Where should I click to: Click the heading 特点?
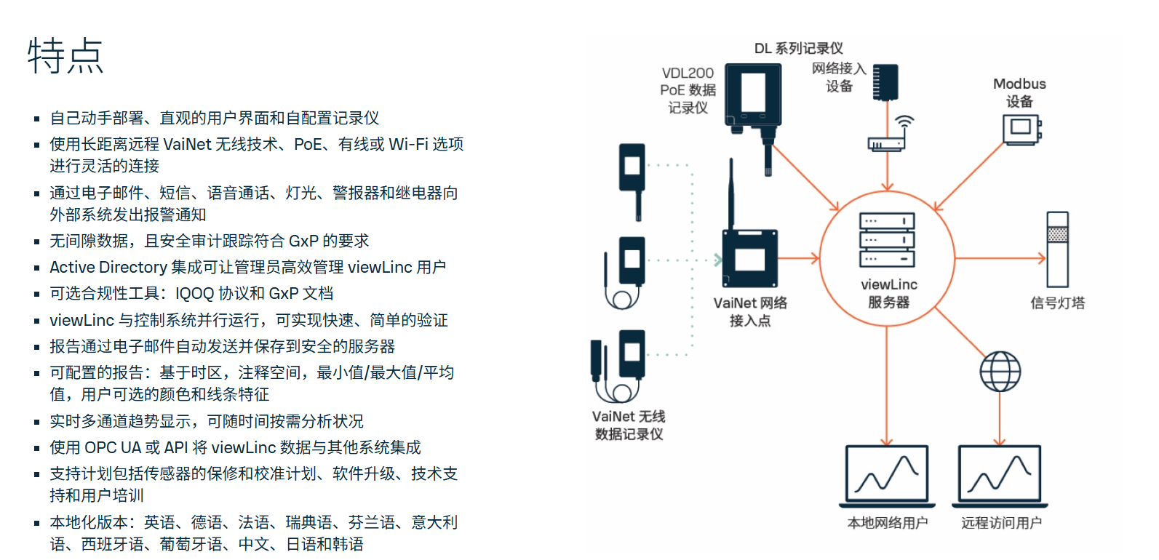[65, 56]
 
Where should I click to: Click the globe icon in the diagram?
[1000, 371]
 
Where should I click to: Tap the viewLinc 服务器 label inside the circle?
[888, 293]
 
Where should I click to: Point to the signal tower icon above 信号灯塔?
[1057, 249]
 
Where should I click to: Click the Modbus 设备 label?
[1019, 92]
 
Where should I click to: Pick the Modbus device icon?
[1021, 129]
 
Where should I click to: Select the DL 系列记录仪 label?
[798, 49]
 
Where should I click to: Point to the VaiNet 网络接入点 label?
[750, 311]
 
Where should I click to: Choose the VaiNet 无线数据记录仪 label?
[629, 425]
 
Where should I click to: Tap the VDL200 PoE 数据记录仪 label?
[688, 90]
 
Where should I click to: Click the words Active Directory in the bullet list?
[108, 268]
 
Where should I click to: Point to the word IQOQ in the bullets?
[194, 294]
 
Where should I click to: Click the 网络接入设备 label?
[839, 77]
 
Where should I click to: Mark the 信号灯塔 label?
[1057, 303]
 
